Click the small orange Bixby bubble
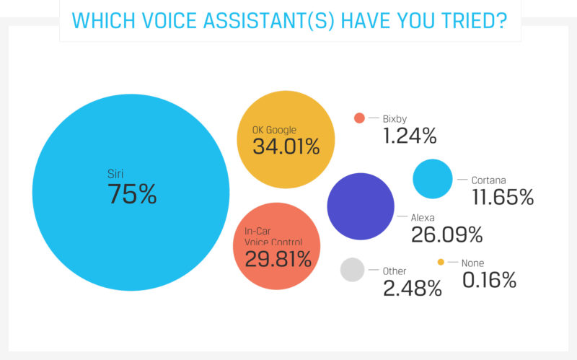[359, 118]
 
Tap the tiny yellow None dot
[441, 263]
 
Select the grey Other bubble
[352, 270]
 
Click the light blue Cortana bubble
[433, 179]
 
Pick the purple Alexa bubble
[361, 206]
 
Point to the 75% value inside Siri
[132, 194]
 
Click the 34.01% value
[286, 146]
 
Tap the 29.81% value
[277, 259]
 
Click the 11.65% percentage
[502, 196]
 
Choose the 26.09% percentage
[446, 234]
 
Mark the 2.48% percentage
[413, 289]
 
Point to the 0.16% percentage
[489, 280]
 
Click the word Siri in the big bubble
[115, 173]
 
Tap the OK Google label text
[270, 130]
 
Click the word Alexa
[425, 216]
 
